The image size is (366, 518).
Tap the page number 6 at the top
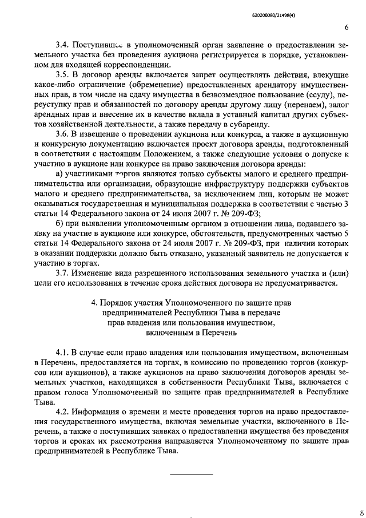[347, 27]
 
